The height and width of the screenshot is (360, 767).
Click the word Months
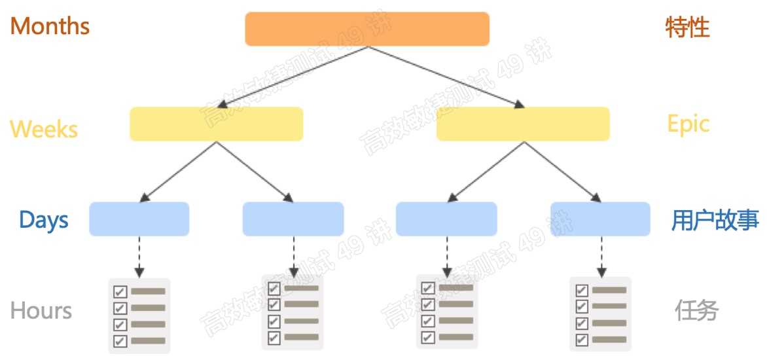click(x=50, y=26)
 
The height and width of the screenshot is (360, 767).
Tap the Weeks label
click(x=44, y=129)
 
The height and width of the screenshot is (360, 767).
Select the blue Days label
click(x=44, y=220)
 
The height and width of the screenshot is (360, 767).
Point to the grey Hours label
click(x=41, y=310)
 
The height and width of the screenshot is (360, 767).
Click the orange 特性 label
click(x=687, y=27)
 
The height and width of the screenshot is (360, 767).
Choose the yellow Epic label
click(x=688, y=124)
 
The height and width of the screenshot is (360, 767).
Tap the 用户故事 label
click(x=715, y=221)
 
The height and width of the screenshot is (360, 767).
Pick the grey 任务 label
click(x=697, y=310)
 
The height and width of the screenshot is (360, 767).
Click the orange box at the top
click(x=367, y=29)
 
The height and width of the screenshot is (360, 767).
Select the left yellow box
click(x=216, y=124)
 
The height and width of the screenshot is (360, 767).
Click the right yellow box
click(x=523, y=124)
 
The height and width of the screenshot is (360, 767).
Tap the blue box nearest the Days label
click(x=139, y=219)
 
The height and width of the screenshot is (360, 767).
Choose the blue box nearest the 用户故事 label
click(x=600, y=219)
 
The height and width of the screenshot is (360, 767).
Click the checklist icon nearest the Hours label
click(x=139, y=315)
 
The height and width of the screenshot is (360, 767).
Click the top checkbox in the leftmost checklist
click(x=120, y=291)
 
